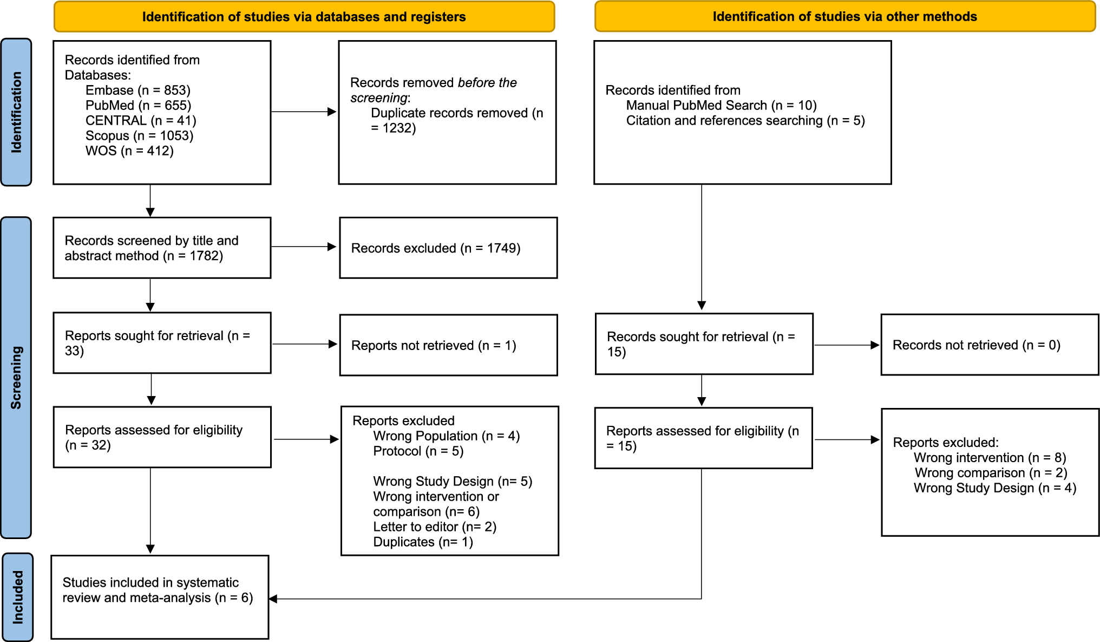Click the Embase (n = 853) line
click(x=137, y=90)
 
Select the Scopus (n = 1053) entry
click(x=139, y=136)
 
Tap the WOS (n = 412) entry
click(x=129, y=151)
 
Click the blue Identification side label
click(x=16, y=112)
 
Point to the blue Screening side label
click(x=16, y=378)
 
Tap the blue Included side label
click(x=17, y=597)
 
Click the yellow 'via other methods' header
click(x=844, y=17)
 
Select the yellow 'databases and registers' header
click(x=304, y=17)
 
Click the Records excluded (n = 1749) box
click(x=448, y=248)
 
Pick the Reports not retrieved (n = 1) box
click(x=448, y=345)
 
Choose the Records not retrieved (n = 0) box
click(x=989, y=345)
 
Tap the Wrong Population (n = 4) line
click(x=446, y=436)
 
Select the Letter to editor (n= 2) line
click(x=434, y=527)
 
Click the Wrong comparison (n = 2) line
click(x=991, y=473)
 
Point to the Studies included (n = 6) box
click(x=160, y=596)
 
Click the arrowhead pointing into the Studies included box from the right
click(x=273, y=599)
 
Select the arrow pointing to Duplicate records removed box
click(x=331, y=112)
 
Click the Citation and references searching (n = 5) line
click(x=745, y=121)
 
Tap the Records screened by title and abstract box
click(x=161, y=248)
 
